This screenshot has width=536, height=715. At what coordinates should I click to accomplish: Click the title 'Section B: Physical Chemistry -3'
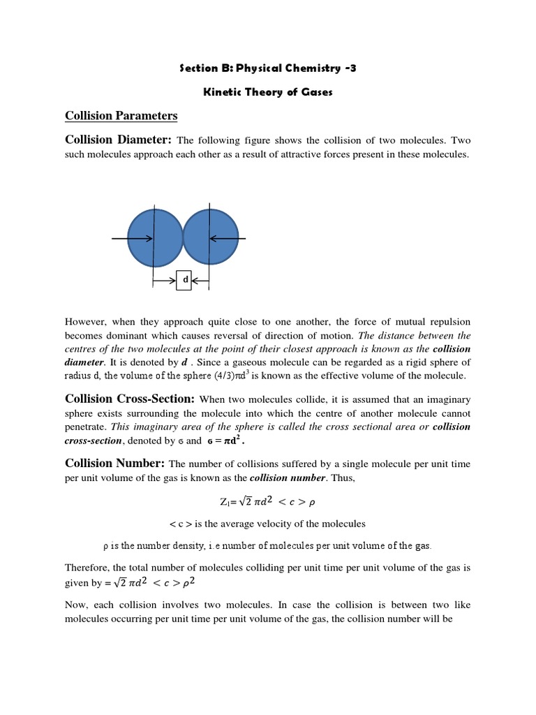(268, 68)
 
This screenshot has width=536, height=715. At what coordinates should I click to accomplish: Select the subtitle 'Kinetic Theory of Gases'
(268, 92)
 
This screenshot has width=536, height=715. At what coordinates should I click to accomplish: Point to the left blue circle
(154, 238)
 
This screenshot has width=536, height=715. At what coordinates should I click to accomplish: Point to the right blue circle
(209, 238)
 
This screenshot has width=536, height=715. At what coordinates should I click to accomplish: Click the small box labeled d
(184, 280)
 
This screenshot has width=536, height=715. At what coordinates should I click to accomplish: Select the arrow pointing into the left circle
(133, 238)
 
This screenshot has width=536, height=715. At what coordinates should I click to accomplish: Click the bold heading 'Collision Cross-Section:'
(131, 399)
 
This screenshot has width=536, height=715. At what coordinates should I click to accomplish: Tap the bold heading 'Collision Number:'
(114, 464)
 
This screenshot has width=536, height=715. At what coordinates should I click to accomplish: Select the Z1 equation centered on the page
(268, 501)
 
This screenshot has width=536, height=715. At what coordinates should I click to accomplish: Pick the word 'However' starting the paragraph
(86, 322)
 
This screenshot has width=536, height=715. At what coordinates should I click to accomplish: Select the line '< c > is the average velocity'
(268, 524)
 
